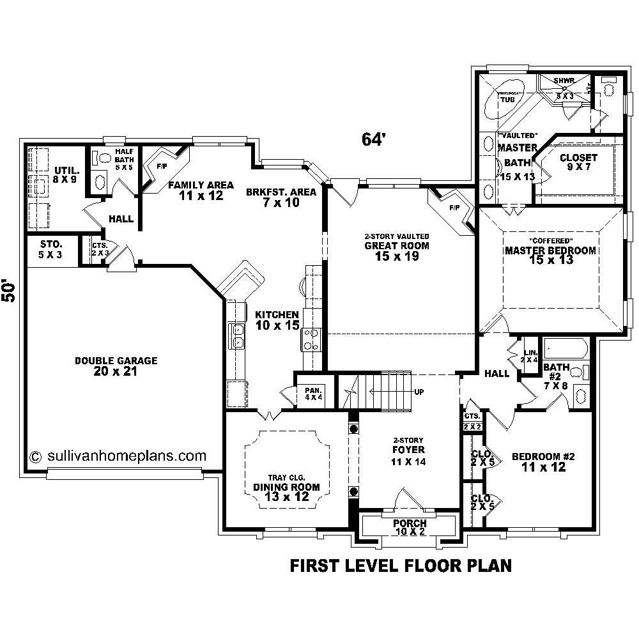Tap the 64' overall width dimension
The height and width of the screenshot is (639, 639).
pos(374,140)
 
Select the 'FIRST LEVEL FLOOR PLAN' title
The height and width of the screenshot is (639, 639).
pos(401,566)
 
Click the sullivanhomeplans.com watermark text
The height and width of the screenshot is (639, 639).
pos(118,456)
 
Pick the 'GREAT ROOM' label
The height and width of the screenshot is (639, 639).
pos(396,245)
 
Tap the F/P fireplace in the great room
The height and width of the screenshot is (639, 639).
pos(454,208)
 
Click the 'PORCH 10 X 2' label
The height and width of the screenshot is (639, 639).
pos(410,528)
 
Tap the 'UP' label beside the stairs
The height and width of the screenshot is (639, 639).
pos(419,392)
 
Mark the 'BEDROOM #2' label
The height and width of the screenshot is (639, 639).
pos(544,462)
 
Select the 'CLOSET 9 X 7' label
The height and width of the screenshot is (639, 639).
pos(578,162)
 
